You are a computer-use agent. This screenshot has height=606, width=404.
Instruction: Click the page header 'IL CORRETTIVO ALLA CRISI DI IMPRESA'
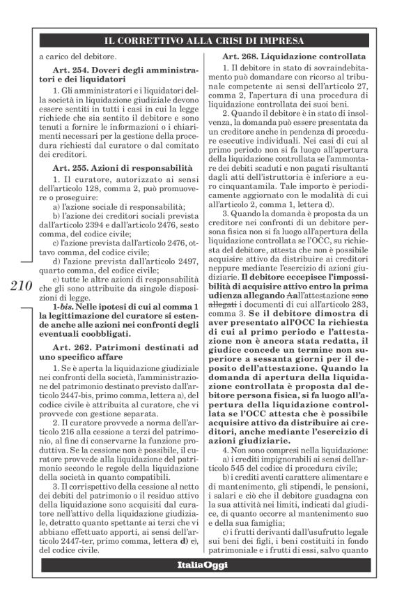[x=201, y=39]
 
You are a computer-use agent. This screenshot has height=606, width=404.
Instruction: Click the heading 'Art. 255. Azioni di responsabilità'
[x=122, y=168]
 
